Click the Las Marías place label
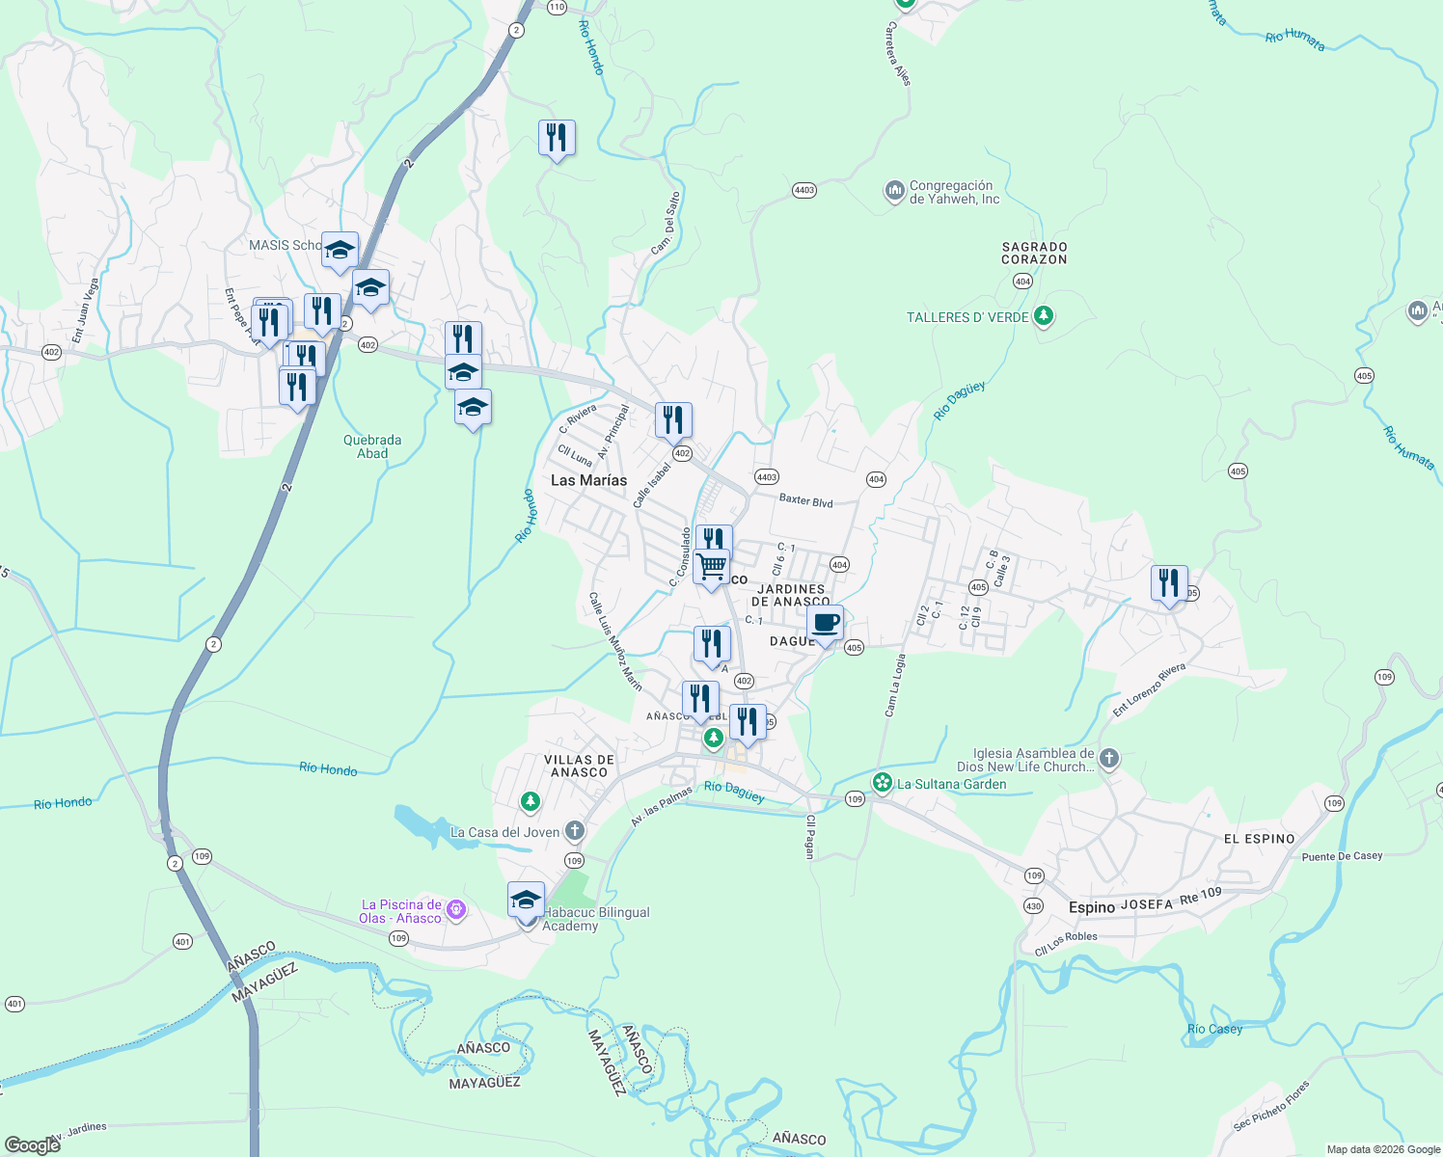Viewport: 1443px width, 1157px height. click(588, 480)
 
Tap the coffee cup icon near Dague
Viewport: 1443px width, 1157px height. click(826, 623)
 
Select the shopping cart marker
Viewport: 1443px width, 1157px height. click(711, 566)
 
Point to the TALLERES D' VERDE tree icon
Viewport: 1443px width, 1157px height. click(1043, 316)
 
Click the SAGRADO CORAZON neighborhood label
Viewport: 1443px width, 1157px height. click(1034, 253)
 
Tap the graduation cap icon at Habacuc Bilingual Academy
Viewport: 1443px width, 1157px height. click(526, 900)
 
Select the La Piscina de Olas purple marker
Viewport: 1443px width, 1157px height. click(456, 910)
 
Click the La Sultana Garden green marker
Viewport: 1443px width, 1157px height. click(882, 783)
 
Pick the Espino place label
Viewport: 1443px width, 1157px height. click(1092, 907)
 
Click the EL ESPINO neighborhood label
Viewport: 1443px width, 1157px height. click(1259, 839)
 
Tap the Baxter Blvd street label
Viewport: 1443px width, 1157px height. click(805, 501)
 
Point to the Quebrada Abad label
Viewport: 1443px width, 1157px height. click(372, 446)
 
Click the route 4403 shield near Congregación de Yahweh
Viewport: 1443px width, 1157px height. click(804, 190)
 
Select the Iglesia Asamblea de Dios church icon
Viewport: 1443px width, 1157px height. click(1109, 759)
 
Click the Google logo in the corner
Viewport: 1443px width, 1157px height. click(32, 1145)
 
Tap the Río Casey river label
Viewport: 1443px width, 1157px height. click(1214, 1029)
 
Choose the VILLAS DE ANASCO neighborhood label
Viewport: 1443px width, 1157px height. click(579, 766)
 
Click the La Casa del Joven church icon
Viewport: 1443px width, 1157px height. click(575, 831)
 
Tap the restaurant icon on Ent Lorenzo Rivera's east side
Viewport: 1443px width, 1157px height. click(1169, 583)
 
